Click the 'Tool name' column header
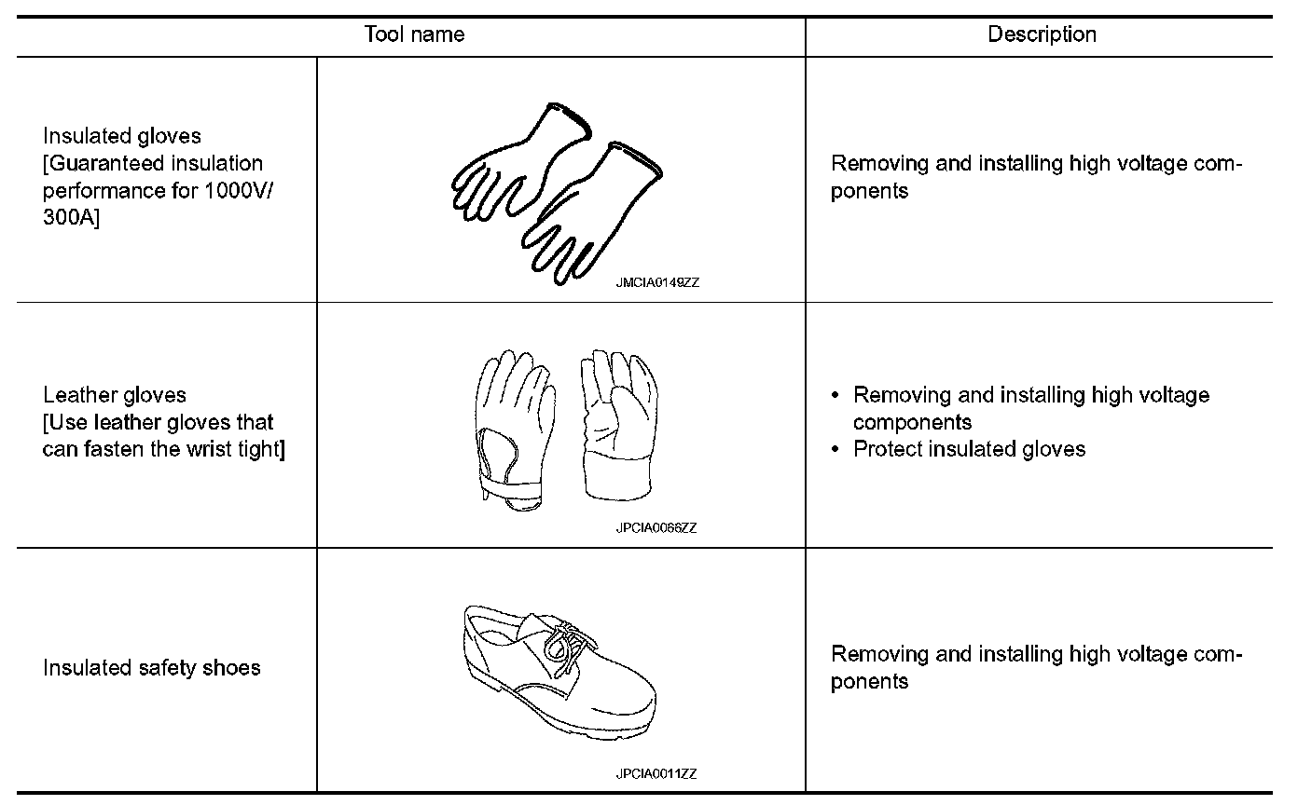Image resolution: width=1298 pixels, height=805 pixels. pos(414,35)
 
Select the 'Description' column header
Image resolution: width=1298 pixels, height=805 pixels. pos(1042,35)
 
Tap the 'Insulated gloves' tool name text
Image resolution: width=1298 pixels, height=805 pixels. pos(122,137)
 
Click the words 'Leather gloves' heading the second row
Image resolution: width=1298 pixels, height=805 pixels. pos(115,395)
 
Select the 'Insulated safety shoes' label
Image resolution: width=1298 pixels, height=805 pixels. pos(152,668)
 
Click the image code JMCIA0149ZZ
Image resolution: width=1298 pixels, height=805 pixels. pos(656,283)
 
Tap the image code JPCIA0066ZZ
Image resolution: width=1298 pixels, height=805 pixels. pos(656,528)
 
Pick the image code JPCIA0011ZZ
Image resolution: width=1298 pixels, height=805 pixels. pos(656,773)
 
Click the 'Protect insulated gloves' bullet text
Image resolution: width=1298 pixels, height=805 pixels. pos(970,449)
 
